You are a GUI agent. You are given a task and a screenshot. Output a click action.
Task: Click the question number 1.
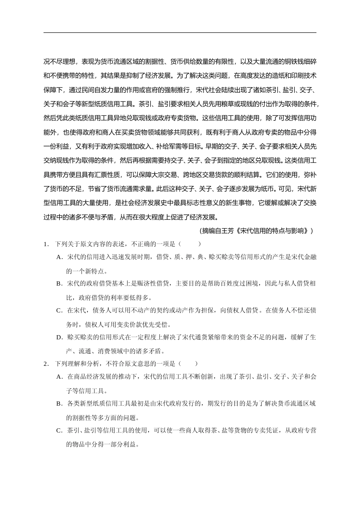[46, 244]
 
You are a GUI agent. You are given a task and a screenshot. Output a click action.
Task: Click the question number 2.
[46, 364]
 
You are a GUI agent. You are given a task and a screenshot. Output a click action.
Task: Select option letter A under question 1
[59, 257]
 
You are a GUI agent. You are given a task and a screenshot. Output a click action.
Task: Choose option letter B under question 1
[59, 284]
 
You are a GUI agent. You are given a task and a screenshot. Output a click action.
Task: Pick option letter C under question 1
[59, 311]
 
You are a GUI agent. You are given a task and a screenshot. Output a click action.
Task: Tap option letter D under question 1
[59, 337]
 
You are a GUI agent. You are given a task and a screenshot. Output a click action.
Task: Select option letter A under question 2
[59, 377]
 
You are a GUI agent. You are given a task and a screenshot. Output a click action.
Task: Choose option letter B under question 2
[59, 404]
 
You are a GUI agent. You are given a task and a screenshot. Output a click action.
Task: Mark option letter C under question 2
[59, 431]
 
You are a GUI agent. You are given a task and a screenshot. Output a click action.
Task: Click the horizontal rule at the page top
[180, 33]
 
